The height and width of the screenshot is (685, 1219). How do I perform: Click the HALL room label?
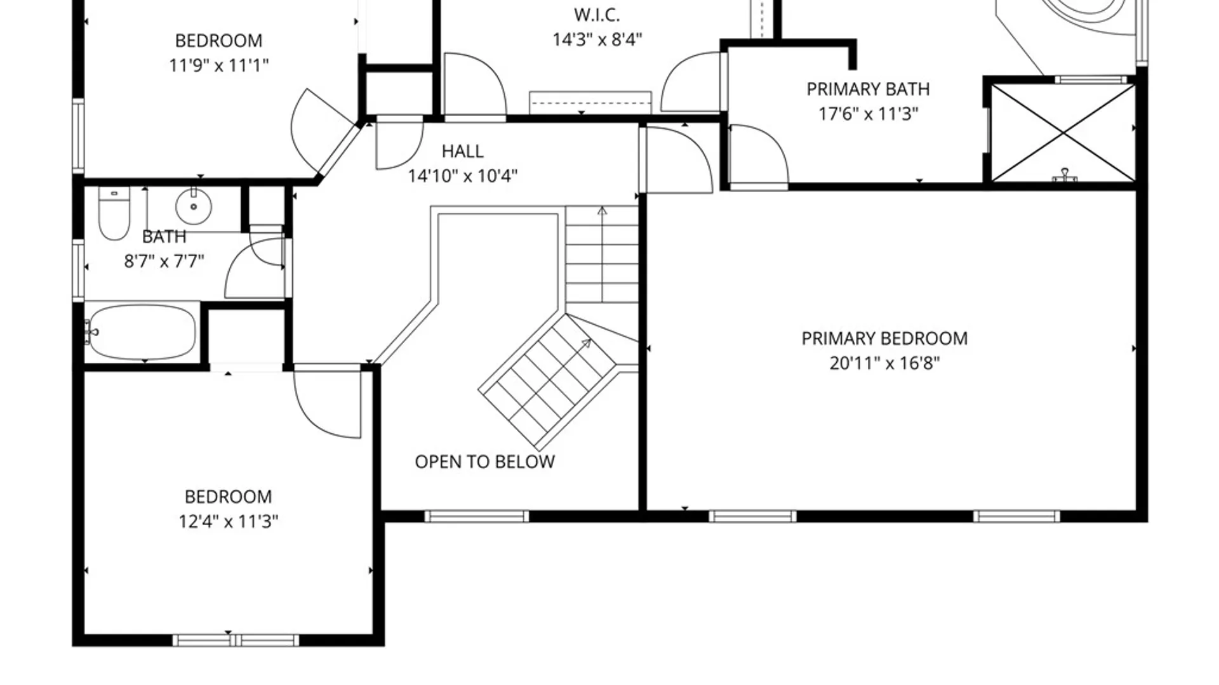[462, 151]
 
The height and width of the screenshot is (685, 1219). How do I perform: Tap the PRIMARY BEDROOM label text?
[884, 338]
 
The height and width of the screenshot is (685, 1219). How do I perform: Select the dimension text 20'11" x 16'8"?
[884, 363]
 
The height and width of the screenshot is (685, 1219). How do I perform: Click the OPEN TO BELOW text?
[484, 462]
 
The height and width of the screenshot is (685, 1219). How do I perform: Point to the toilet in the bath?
[114, 213]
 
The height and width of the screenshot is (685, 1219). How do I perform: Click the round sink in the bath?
[193, 205]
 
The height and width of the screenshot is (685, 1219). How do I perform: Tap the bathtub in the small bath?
[142, 332]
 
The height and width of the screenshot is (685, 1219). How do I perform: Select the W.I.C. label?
[597, 15]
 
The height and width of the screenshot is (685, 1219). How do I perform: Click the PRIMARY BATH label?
[868, 89]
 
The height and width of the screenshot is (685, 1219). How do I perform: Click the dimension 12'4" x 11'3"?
[229, 521]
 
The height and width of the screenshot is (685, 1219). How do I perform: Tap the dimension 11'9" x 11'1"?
[219, 65]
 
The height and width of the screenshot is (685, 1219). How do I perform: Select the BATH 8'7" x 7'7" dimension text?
[164, 261]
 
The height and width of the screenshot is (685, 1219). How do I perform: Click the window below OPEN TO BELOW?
[477, 516]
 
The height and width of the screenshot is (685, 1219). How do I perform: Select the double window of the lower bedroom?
[236, 640]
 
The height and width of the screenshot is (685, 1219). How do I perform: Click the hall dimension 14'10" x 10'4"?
[462, 176]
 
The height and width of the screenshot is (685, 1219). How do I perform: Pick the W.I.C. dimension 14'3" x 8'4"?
[597, 39]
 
